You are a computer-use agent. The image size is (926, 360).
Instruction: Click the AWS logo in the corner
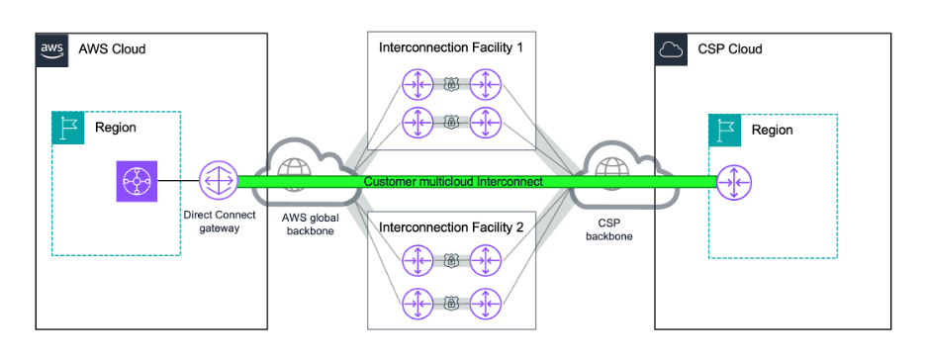[52, 49]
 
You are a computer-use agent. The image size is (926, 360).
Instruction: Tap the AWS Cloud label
[112, 49]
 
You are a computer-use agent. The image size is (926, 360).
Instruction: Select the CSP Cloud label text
[730, 49]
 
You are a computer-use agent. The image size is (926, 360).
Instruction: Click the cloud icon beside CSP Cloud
[671, 49]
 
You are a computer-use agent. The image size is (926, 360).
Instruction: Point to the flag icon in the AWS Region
[68, 128]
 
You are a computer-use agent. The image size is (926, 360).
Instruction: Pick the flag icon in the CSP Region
[724, 131]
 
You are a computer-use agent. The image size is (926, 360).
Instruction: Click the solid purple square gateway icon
[137, 181]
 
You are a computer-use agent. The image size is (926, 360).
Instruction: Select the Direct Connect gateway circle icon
[218, 181]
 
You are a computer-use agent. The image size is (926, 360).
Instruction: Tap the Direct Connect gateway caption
[219, 223]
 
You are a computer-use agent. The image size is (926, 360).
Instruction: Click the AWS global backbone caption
[311, 225]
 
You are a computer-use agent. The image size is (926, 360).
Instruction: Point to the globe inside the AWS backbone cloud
[294, 169]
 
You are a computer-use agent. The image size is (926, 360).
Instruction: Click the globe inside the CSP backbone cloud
[607, 170]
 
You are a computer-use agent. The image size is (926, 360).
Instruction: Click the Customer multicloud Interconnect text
[453, 182]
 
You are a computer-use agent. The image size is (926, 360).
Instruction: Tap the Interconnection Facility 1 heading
[451, 47]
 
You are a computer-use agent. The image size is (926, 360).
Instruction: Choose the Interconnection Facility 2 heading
[451, 227]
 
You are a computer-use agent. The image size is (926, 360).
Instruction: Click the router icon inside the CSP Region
[734, 182]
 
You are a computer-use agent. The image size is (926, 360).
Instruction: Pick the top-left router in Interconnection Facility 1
[417, 85]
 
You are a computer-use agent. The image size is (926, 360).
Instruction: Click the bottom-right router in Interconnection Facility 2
[486, 304]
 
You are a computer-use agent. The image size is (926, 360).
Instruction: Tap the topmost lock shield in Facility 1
[451, 85]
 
